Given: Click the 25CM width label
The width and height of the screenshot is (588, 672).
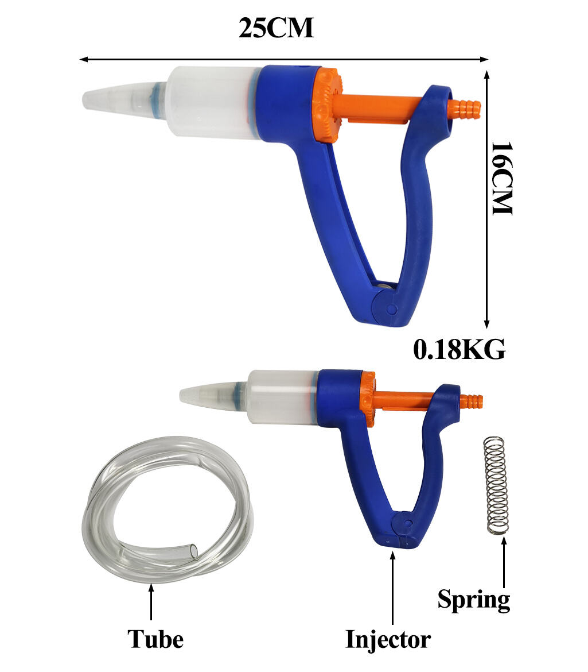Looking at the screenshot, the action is click(x=277, y=28).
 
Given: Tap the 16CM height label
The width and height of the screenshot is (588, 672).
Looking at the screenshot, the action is click(x=501, y=178).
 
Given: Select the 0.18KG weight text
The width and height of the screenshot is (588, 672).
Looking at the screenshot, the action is click(x=459, y=349).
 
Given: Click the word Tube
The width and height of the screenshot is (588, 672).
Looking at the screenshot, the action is click(x=155, y=639).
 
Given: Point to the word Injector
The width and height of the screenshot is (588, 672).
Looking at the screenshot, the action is click(x=388, y=640).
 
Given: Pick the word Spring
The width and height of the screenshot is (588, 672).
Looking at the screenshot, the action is click(x=474, y=600).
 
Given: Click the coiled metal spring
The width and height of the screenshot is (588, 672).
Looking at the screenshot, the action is click(x=496, y=485).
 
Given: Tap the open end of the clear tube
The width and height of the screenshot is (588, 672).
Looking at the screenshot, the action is click(x=193, y=551).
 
